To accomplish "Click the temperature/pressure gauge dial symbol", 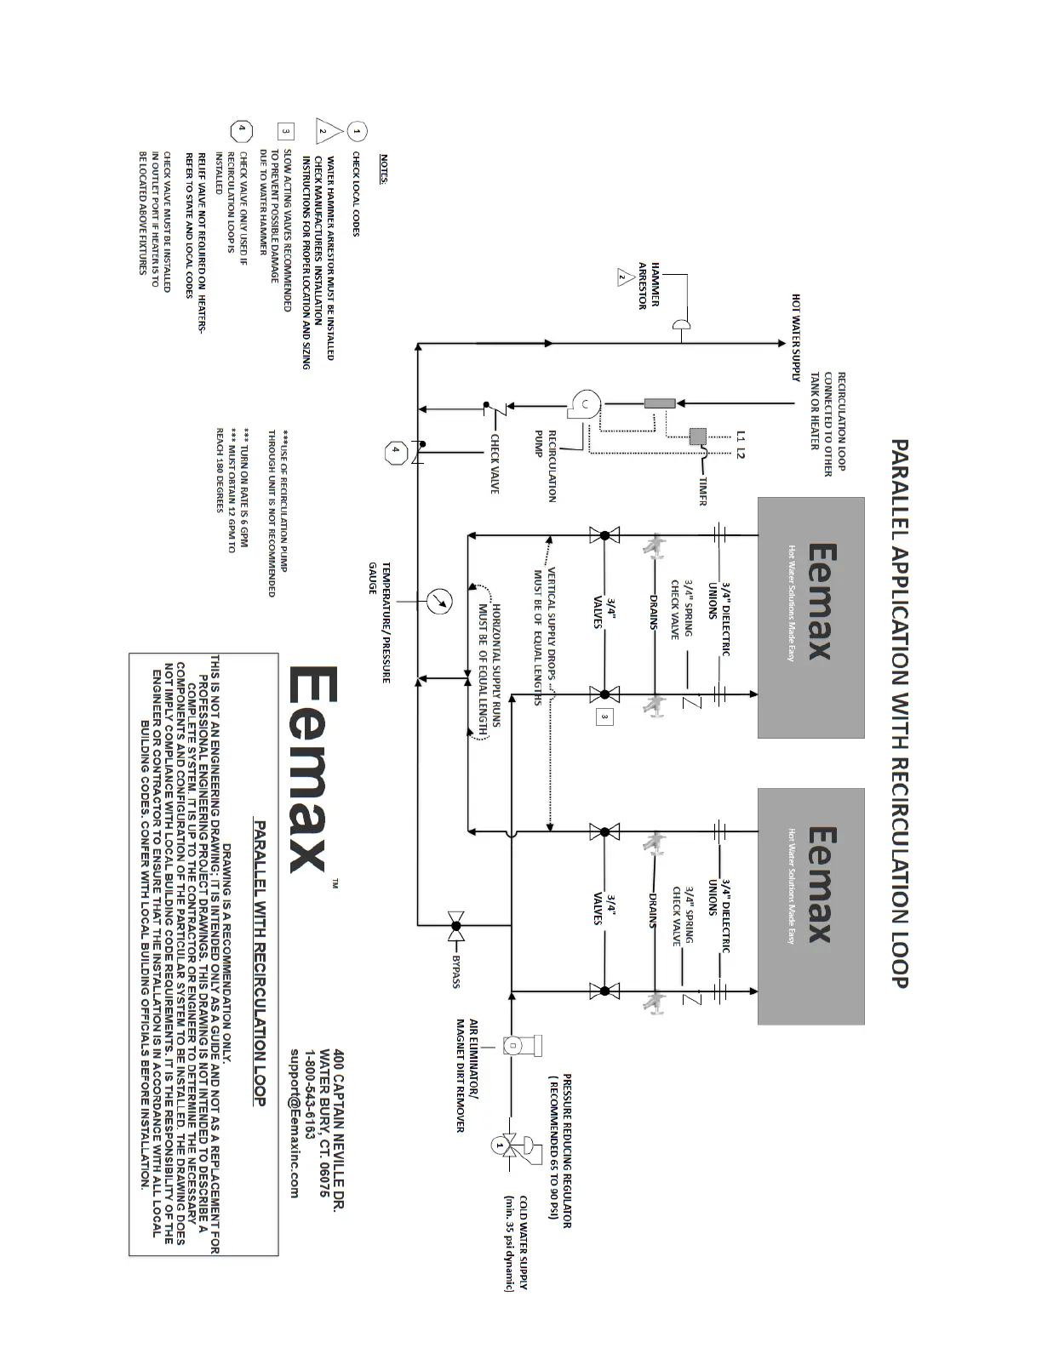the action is point(439,601).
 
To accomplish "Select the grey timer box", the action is point(698,437).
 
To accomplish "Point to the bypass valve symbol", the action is point(456,924).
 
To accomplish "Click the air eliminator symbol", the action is point(516,1045).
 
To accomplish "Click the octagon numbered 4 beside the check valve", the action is point(396,454).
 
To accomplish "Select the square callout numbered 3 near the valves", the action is point(604,717).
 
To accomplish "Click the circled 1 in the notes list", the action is point(358,131).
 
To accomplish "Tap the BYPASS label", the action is point(456,971).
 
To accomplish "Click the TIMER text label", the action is point(702,490).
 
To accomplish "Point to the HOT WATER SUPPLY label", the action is point(797,337).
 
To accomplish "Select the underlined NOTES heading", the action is point(384,168).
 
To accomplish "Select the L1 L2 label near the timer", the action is point(740,445).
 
